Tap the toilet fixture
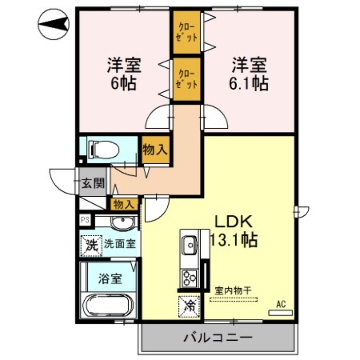pyautogui.click(x=103, y=149)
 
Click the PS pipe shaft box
pyautogui.click(x=85, y=220)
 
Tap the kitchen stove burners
pyautogui.click(x=189, y=276)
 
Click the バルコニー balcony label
pyautogui.click(x=218, y=337)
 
